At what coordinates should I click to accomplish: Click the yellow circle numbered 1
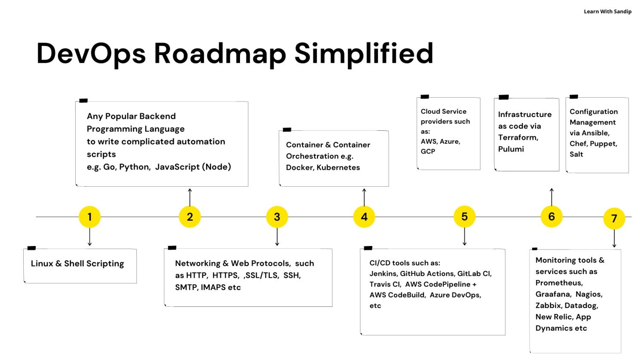(x=89, y=217)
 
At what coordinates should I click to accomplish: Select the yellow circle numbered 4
(x=364, y=217)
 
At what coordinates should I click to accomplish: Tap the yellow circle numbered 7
(x=614, y=218)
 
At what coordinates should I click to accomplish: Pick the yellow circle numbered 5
(x=464, y=216)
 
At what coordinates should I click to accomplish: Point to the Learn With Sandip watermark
(x=607, y=12)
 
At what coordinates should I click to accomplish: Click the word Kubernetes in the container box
(x=338, y=168)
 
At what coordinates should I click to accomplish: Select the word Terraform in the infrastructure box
(x=518, y=138)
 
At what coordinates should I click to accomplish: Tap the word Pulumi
(x=511, y=149)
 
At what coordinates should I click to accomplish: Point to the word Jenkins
(x=382, y=274)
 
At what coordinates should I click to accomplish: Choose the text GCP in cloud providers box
(x=428, y=151)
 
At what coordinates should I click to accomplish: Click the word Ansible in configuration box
(x=595, y=133)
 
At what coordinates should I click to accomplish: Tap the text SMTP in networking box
(x=185, y=287)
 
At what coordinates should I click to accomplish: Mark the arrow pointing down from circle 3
(x=277, y=237)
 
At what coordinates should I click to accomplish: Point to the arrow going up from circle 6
(x=551, y=197)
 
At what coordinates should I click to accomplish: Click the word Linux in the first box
(x=42, y=264)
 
